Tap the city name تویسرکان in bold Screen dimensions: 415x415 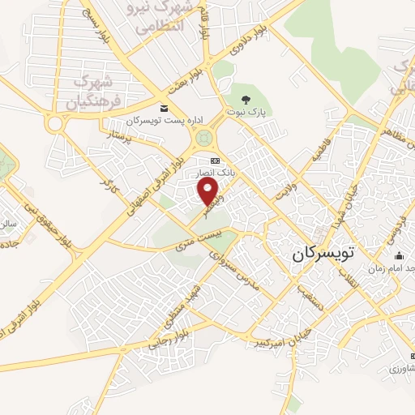click(324, 254)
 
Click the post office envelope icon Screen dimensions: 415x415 click(165, 109)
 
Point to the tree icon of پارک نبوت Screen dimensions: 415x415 click(246, 100)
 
